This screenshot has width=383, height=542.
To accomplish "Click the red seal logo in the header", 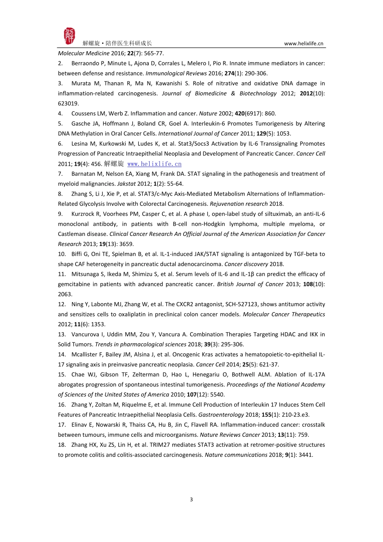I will pos(69,36).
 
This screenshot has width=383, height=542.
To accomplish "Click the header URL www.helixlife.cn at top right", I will pos(303,44).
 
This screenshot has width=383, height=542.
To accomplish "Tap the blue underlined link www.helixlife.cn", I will pos(154,164).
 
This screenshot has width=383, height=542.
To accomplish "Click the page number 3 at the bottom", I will pos(191,500).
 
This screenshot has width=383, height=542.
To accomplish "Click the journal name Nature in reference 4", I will pos(208,114).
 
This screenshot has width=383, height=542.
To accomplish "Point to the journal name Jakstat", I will pos(126,184).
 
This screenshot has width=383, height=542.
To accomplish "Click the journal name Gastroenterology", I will pos(221,415).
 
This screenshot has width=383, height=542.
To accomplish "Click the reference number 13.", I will pos(62,334).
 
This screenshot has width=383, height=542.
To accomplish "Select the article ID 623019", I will pos(68,104).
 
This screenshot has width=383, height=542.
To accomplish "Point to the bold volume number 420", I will pos(239,114).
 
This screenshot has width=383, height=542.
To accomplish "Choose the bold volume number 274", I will pos(229,73).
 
